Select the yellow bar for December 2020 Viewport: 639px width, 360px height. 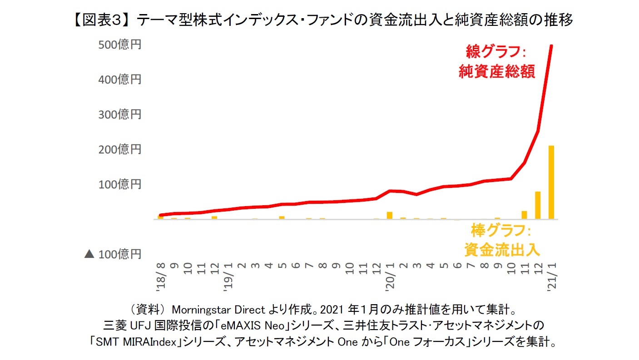pyautogui.click(x=538, y=205)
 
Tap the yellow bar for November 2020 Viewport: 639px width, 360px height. pyautogui.click(x=524, y=215)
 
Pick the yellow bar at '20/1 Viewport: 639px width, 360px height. pyautogui.click(x=389, y=215)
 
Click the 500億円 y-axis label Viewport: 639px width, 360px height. pyautogui.click(x=120, y=45)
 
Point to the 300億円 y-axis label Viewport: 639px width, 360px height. pyautogui.click(x=120, y=114)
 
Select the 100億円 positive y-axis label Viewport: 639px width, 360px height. pyautogui.click(x=120, y=184)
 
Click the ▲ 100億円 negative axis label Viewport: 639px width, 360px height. pyautogui.click(x=113, y=254)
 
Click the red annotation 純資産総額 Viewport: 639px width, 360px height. pyautogui.click(x=496, y=72)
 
